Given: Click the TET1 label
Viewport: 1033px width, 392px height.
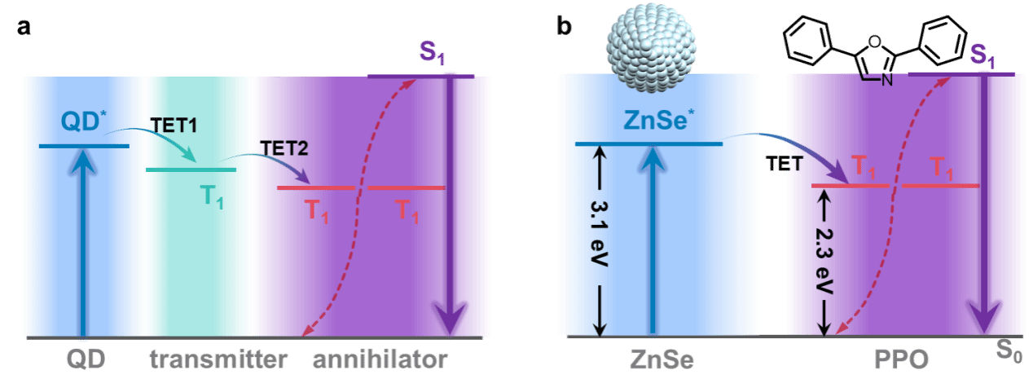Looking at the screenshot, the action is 174,126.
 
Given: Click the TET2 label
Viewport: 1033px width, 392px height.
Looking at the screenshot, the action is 284,148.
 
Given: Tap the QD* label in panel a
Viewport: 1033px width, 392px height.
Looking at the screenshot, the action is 83,121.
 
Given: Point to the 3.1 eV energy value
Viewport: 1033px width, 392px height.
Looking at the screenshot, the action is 600,233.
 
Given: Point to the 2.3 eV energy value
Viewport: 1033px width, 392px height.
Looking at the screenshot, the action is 824,260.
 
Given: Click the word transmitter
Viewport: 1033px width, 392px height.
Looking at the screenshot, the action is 218,359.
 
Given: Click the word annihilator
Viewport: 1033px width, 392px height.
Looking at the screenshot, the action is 380,359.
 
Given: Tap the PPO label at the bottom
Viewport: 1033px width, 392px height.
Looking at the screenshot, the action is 902,359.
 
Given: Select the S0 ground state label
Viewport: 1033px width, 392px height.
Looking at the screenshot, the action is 1009,351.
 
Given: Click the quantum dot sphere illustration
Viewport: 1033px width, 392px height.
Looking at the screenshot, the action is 651,47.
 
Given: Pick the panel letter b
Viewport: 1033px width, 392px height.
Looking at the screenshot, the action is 564,26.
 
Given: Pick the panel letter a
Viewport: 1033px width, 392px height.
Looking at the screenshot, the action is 24,27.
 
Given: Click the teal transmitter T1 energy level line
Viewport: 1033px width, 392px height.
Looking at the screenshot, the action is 191,170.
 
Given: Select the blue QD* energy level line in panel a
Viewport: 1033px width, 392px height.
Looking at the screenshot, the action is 84,146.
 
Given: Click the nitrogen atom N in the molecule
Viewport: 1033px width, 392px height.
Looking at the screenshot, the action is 887,80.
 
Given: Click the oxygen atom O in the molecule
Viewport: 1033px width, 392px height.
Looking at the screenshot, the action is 874,42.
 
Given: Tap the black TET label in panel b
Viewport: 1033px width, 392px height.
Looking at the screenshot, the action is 785,164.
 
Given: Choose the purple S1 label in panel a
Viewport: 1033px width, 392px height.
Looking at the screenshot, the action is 432,51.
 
